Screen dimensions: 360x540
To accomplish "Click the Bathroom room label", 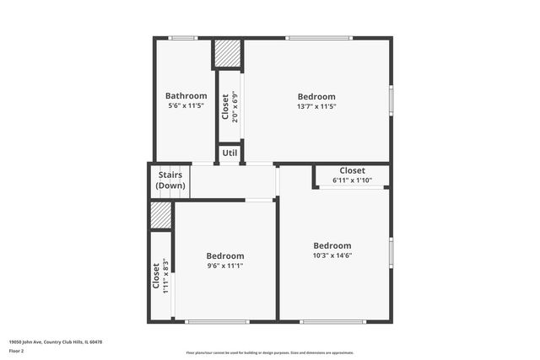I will point(186,96).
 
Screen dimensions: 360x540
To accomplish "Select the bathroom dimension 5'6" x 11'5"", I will point(186,107).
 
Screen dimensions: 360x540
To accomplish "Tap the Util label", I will point(229,153).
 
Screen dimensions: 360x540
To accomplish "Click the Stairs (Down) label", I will point(171,180).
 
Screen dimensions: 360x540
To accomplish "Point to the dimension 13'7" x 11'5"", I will point(316,107).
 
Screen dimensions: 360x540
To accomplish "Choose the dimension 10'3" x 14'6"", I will point(332,255).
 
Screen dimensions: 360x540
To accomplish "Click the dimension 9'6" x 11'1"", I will point(225,266).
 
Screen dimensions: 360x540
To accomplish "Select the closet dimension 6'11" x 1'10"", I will point(352,180).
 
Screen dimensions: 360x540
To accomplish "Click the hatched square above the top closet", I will point(226,54).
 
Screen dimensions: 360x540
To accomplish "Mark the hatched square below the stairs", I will point(161,215).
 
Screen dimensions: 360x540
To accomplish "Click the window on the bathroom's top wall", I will point(182,38).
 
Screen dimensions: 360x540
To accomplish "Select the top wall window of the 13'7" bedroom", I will point(318,38).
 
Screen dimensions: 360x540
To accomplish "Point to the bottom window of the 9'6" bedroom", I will point(217,321).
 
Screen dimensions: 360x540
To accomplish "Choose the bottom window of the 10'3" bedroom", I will point(332,321).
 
